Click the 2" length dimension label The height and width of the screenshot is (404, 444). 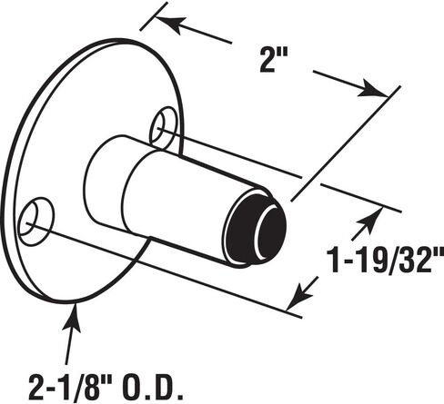click(x=274, y=61)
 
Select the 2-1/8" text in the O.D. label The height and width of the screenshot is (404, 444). click(x=72, y=388)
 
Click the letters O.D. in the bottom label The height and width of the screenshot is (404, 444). click(x=154, y=388)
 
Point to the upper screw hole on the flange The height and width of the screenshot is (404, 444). click(x=164, y=127)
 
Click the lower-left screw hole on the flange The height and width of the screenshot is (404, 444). click(x=35, y=222)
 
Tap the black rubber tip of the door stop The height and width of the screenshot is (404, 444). click(x=256, y=227)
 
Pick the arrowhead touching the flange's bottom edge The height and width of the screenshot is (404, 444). click(x=72, y=318)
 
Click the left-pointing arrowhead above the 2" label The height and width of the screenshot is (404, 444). click(x=169, y=24)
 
